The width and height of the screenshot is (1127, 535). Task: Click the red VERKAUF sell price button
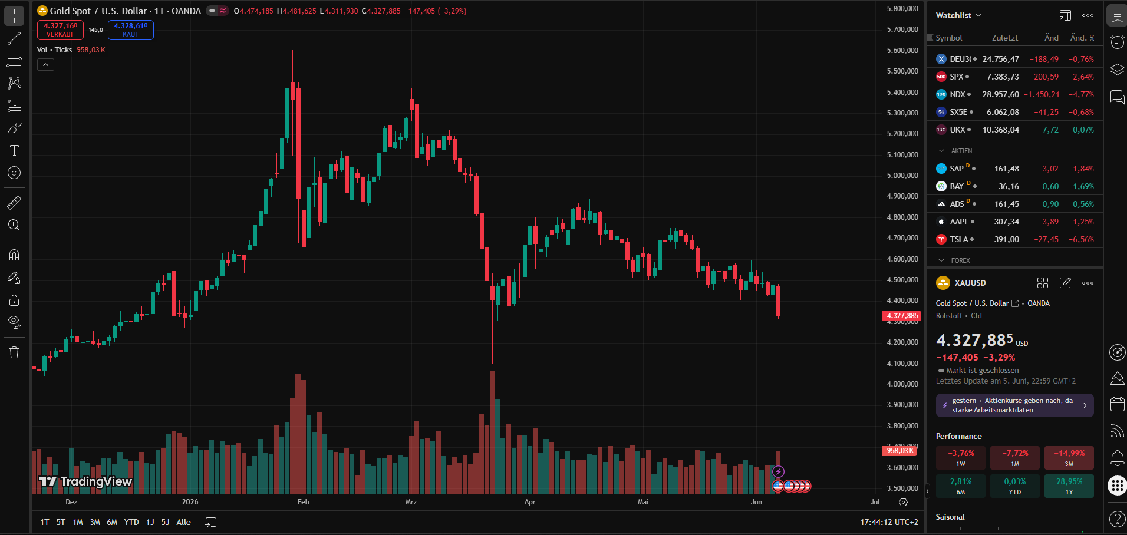click(x=60, y=30)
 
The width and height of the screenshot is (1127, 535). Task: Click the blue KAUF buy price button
click(x=131, y=30)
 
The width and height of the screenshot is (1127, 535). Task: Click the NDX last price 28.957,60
click(x=1000, y=94)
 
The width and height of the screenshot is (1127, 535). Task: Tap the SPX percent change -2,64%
click(x=1081, y=77)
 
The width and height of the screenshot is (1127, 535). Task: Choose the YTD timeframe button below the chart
click(x=131, y=522)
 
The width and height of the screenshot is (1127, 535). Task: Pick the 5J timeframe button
click(x=165, y=522)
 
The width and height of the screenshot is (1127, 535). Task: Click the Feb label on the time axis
click(x=303, y=502)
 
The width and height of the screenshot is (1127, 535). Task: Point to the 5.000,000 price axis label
click(x=902, y=175)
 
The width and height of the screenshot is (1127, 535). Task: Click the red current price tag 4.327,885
click(x=902, y=316)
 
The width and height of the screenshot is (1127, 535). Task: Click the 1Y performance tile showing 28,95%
click(x=1069, y=486)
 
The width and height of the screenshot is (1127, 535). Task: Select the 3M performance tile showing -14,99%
click(x=1069, y=458)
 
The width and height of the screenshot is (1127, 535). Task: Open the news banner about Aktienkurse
click(x=1014, y=405)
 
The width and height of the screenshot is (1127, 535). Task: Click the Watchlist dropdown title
click(x=958, y=15)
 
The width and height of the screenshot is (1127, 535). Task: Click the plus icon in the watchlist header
click(x=1043, y=15)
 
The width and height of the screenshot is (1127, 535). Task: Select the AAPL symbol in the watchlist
click(x=959, y=222)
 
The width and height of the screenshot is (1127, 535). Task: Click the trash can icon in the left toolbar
click(x=14, y=352)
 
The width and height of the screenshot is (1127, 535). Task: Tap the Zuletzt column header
click(x=1004, y=38)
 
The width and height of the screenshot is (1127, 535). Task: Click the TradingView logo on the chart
click(x=85, y=481)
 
